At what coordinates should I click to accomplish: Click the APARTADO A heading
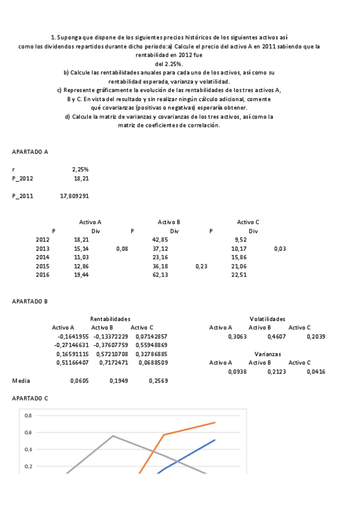pos(31,152)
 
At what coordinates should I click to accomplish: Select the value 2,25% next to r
pos(81,170)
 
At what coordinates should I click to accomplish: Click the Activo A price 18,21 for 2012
pos(81,239)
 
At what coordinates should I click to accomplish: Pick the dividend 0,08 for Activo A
pos(121,248)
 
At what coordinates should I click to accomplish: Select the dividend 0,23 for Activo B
pos(201,265)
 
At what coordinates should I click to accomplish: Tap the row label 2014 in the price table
pos(42,257)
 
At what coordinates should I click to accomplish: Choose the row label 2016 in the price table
pos(42,274)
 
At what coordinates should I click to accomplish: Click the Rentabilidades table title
pos(110,318)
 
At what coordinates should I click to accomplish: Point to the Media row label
pos(21,381)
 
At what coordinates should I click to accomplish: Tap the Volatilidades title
pos(267,318)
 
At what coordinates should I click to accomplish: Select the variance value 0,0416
pos(316,372)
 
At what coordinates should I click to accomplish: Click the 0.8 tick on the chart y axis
pos(28,416)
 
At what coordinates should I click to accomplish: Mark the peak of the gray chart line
pos(113,436)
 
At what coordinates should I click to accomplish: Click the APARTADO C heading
pos(30,398)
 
